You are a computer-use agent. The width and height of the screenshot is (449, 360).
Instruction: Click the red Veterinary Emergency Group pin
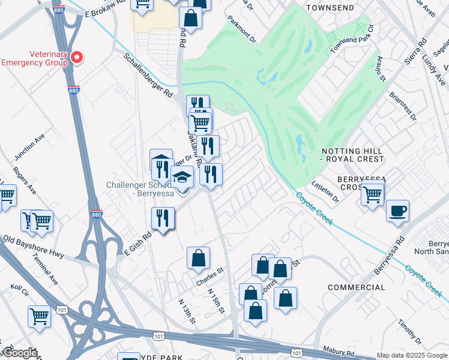(x=77, y=58)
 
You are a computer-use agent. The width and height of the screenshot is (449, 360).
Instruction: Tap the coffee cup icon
(x=397, y=212)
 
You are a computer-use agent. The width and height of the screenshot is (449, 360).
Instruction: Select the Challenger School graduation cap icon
(x=182, y=177)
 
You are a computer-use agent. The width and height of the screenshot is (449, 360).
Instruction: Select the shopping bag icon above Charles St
(x=198, y=259)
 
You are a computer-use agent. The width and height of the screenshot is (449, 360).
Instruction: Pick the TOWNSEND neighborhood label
(x=329, y=8)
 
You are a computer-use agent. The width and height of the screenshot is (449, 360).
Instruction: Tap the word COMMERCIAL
(x=357, y=287)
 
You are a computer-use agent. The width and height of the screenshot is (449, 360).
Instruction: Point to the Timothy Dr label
(x=409, y=332)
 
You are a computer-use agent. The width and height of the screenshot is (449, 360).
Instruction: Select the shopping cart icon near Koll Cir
(x=39, y=316)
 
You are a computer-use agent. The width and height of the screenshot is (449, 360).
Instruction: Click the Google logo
(x=20, y=353)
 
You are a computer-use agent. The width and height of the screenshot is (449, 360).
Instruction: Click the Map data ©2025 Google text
(x=411, y=355)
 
